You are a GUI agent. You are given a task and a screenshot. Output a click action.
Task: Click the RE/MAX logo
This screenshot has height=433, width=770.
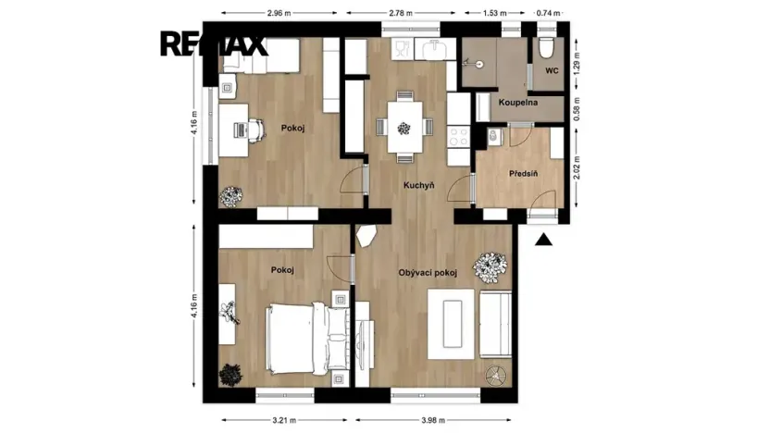(214, 44)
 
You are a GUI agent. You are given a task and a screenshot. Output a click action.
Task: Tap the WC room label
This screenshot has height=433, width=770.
(552, 70)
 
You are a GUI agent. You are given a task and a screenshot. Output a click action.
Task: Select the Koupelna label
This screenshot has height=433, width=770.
(518, 103)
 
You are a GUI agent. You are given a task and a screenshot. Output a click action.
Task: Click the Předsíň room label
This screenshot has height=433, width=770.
(523, 174)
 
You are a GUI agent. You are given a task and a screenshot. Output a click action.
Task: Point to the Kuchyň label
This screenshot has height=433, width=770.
(419, 186)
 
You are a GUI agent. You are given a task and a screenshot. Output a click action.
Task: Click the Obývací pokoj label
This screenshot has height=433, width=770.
(428, 273)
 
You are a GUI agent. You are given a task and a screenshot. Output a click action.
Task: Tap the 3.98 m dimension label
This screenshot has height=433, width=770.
(433, 420)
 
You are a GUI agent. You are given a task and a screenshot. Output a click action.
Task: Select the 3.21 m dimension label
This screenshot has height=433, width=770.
(284, 420)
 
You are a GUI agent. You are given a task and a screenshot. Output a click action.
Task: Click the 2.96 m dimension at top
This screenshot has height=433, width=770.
(279, 13)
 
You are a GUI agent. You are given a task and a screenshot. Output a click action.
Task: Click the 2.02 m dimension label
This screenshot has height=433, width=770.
(577, 167)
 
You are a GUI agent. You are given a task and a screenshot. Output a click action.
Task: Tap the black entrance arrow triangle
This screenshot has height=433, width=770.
(543, 240)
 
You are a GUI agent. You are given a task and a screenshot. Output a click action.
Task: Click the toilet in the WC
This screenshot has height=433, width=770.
(546, 47)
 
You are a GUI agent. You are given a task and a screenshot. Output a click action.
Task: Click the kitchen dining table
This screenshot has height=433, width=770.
(404, 127)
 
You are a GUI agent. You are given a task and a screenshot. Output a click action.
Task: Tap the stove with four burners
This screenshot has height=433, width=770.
(459, 137)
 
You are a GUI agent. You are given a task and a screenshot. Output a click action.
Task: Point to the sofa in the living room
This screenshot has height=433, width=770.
(495, 324)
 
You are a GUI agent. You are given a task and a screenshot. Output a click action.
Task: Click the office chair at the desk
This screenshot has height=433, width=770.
(255, 130)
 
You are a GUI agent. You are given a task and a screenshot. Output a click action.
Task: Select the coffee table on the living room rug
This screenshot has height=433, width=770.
(452, 324)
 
